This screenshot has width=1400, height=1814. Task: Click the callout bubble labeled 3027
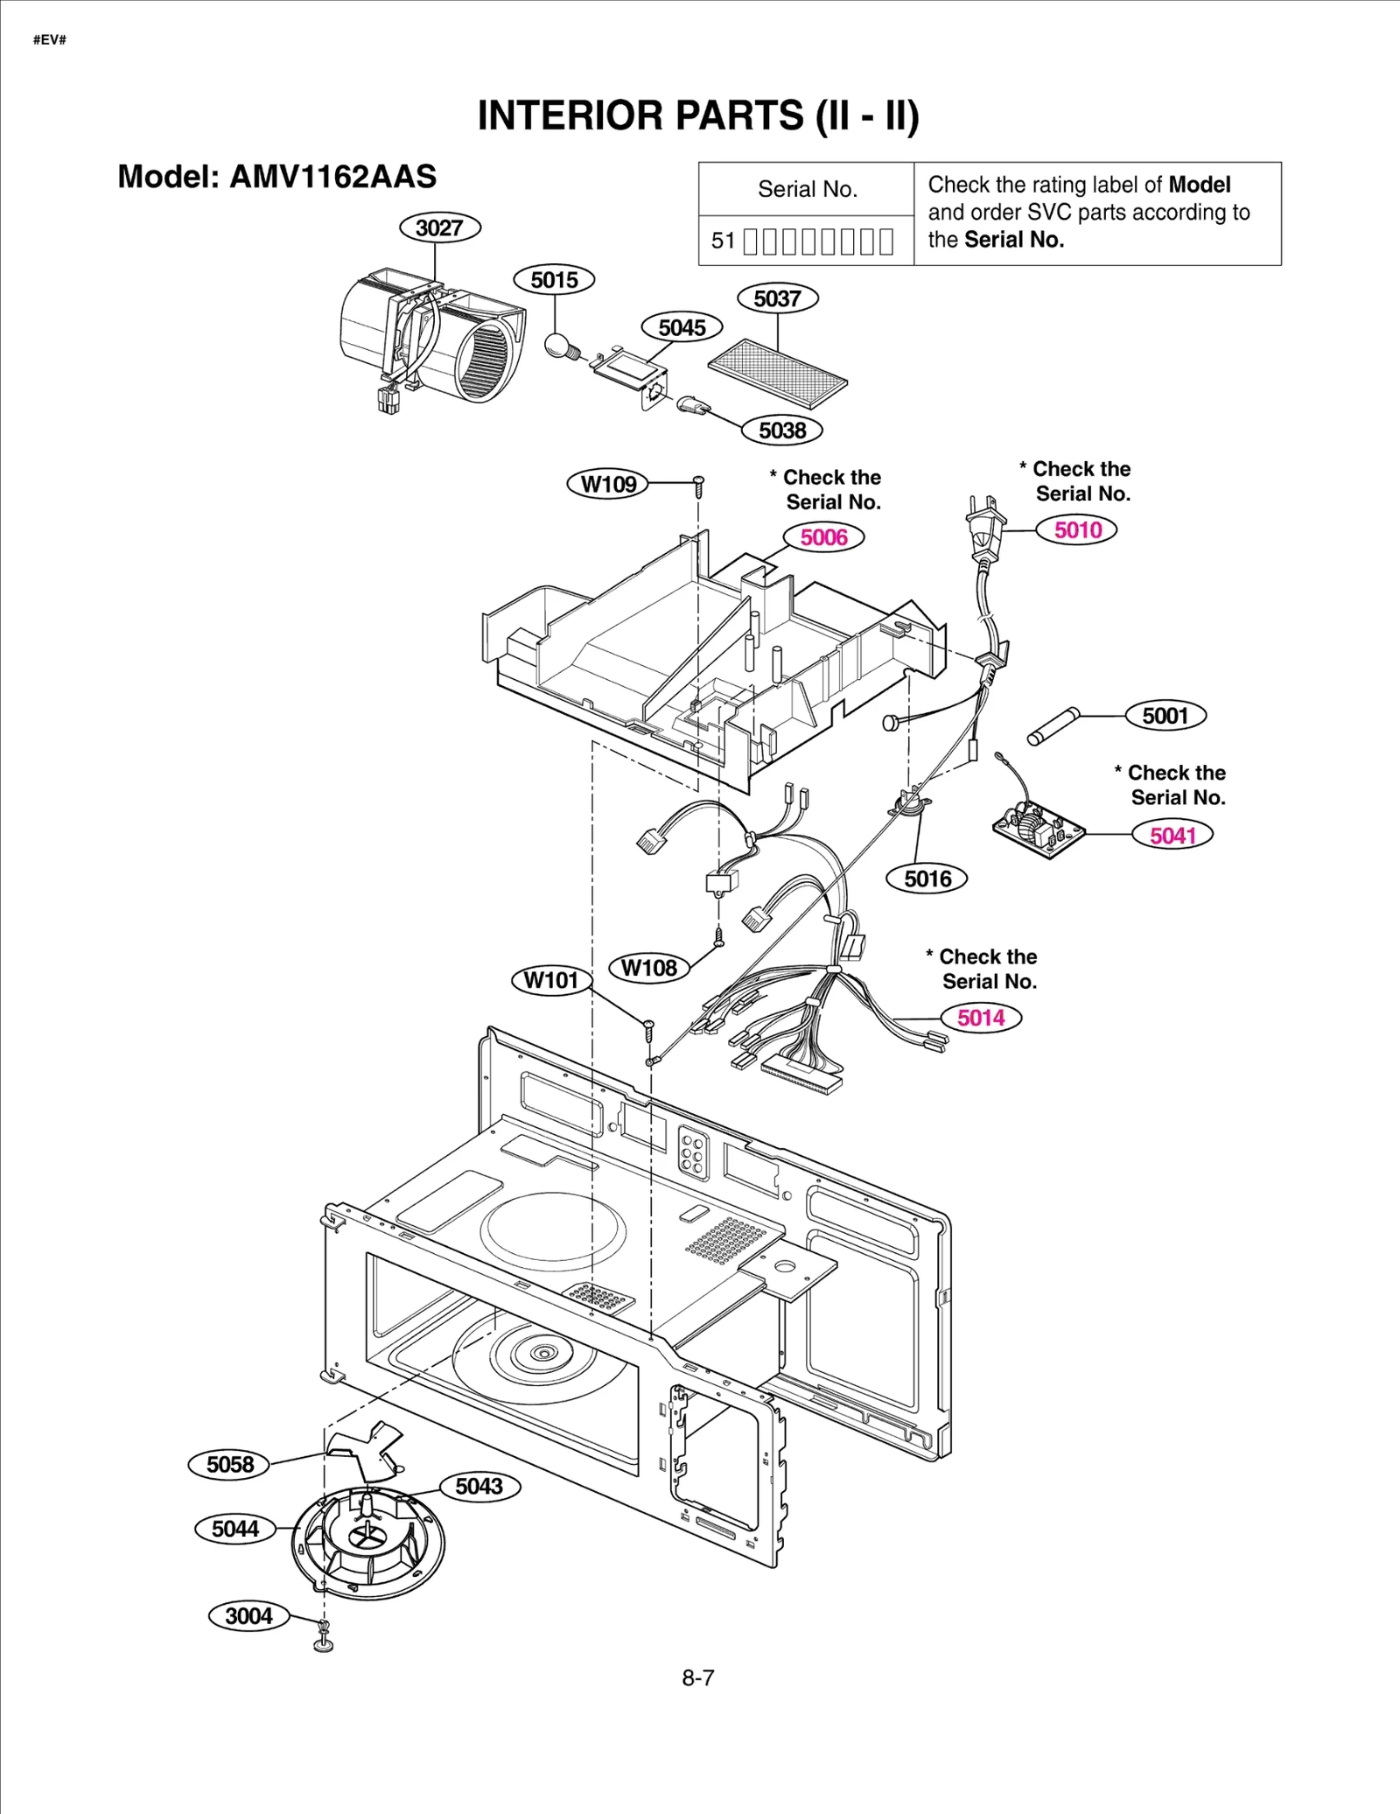tap(439, 228)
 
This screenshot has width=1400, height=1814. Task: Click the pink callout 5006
tap(823, 537)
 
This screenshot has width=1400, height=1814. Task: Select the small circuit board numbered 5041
tap(1038, 829)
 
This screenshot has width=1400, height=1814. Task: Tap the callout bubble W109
tap(608, 484)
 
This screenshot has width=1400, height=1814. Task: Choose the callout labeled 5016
tap(927, 879)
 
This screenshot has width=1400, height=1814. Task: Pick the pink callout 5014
tap(981, 1018)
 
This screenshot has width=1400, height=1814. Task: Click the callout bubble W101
tap(551, 979)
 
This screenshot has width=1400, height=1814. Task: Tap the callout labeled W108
tap(648, 968)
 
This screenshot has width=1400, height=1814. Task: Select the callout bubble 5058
tap(229, 1464)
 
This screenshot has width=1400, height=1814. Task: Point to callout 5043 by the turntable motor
tap(479, 1486)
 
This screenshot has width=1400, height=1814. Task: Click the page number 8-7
tap(698, 1677)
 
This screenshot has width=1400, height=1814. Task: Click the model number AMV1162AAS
tap(332, 177)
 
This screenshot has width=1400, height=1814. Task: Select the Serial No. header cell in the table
tap(807, 189)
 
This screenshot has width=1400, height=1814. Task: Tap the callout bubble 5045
tap(682, 327)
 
